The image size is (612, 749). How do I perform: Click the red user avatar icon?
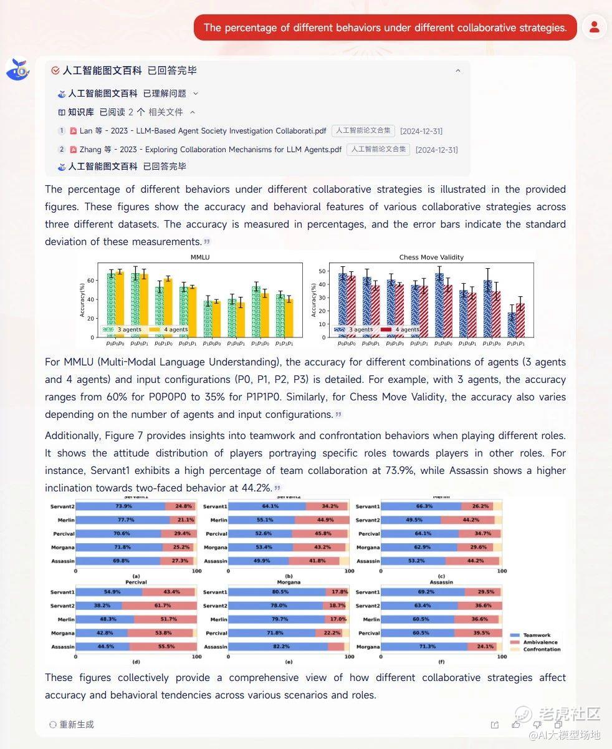594,27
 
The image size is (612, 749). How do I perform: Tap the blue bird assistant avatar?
17,70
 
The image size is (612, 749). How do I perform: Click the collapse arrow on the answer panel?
458,71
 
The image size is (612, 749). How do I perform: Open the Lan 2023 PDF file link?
203,131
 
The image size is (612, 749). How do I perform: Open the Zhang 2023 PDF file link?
210,150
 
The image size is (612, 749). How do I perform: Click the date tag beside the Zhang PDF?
436,150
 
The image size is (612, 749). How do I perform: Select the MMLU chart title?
199,257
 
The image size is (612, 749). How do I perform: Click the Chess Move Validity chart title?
431,257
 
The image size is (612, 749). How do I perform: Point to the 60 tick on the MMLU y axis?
90,281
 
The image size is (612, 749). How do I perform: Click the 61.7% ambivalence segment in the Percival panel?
158,606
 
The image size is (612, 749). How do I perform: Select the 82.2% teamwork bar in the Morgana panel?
275,647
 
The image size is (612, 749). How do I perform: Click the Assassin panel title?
441,582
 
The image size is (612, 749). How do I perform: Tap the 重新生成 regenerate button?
72,724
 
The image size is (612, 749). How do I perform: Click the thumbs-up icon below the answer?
516,724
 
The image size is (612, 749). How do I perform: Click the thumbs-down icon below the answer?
537,724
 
